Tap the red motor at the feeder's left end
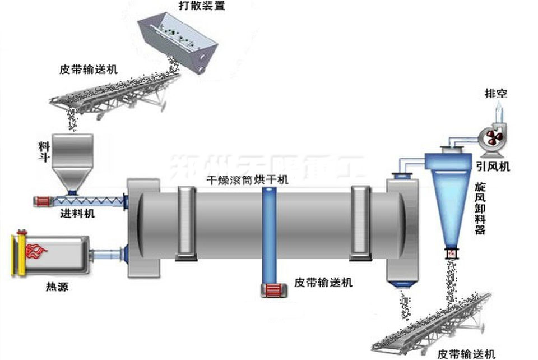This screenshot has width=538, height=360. point(43,200)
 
